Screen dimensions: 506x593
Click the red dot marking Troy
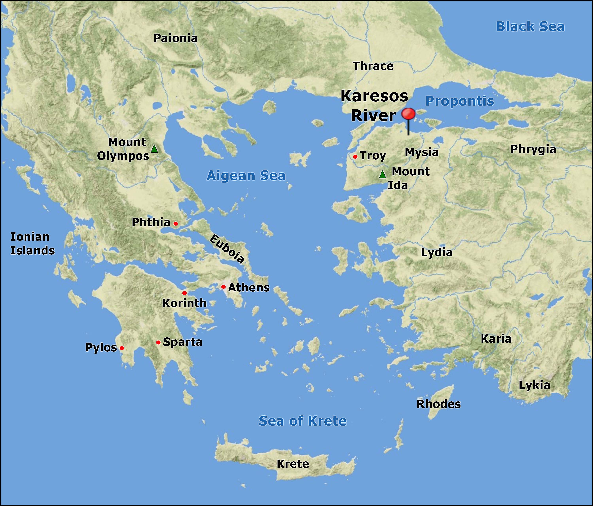pos(355,157)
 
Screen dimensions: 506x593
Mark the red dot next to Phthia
pos(176,223)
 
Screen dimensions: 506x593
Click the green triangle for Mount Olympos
pos(154,149)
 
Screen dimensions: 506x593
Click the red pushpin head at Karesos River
pos(408,114)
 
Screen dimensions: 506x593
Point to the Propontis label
pos(460,101)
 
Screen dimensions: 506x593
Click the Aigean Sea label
pos(246,176)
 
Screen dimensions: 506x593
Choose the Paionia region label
pos(176,38)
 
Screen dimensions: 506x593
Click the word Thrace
pos(373,66)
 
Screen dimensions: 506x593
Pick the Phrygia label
pos(533,149)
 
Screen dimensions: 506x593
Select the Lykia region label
pos(534,385)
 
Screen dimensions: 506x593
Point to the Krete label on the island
pos(293,464)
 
